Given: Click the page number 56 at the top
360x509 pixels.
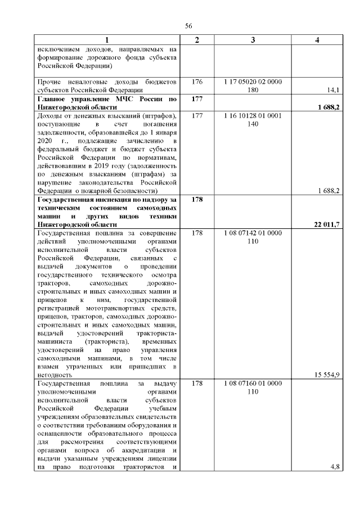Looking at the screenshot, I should pos(188,25).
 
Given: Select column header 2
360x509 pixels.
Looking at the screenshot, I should pos(197,40).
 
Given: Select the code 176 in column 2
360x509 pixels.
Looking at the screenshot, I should pos(197,82).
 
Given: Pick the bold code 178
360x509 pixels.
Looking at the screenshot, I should pos(197,200).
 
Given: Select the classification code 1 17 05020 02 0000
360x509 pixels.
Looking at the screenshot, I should pos(253,82).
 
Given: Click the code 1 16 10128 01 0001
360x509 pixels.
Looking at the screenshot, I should pos(253,116).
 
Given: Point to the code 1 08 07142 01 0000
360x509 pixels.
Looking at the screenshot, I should pos(253,232).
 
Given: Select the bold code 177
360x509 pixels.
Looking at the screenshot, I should pos(197,99).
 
